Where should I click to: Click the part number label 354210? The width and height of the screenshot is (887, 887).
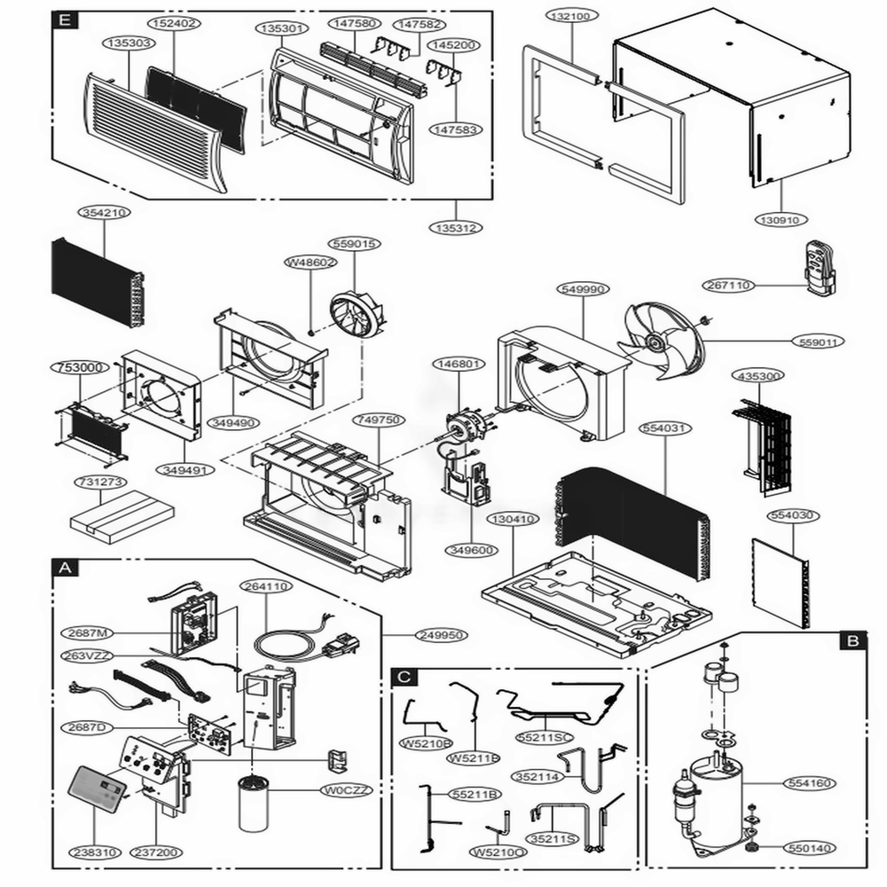(x=105, y=213)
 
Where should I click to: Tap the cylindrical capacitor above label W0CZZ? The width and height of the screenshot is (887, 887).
(x=258, y=807)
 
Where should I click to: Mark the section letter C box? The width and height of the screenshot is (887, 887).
(x=404, y=677)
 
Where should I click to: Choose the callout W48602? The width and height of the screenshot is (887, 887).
(x=310, y=263)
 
